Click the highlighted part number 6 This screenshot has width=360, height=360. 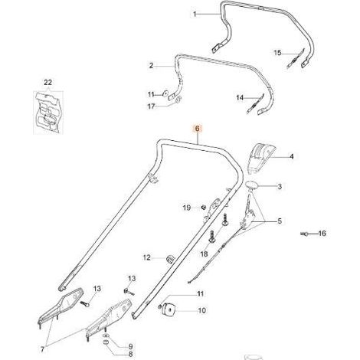pos(197,129)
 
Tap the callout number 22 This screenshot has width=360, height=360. pos(48,83)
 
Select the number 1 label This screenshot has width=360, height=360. pos(195,14)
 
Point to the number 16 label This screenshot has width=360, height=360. pos(322,234)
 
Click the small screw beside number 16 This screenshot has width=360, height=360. pos(304,234)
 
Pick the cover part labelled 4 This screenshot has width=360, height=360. pos(260,159)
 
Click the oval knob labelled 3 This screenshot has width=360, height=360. pos(252,185)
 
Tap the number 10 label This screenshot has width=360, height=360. pos(201,310)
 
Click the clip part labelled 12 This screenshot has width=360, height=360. pos(169,258)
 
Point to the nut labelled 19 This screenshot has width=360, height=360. pos(204,207)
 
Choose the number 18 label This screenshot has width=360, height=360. pos(205,254)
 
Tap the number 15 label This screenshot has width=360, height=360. pos(277,53)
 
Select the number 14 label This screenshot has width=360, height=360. pos(240,97)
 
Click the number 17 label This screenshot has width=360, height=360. pos(151,106)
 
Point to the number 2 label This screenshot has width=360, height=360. pos(151,66)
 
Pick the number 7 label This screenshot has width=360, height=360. pos(42,349)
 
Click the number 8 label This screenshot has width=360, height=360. pos(131,355)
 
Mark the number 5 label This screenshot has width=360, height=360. pos(280,221)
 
